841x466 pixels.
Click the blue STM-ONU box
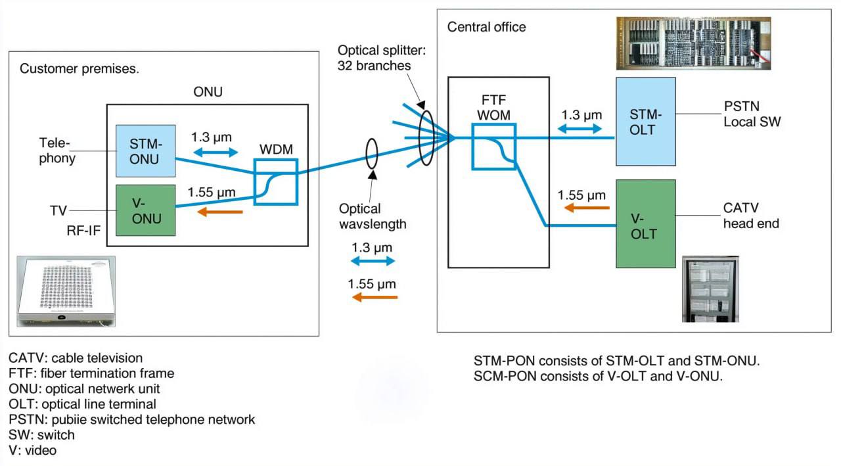tap(145, 151)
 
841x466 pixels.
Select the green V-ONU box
tap(145, 210)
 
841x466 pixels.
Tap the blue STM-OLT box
tap(645, 121)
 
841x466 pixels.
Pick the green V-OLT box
tap(645, 223)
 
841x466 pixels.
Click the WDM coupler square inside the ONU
tap(276, 181)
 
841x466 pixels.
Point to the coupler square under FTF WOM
tap(494, 145)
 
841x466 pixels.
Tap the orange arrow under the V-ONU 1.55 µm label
tap(220, 212)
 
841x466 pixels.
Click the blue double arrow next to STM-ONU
tap(214, 152)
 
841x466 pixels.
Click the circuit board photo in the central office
tap(693, 43)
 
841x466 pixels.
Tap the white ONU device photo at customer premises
tap(66, 291)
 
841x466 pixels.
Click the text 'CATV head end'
tap(751, 216)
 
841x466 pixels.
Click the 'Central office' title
tap(486, 27)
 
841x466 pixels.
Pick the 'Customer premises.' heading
tap(80, 68)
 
